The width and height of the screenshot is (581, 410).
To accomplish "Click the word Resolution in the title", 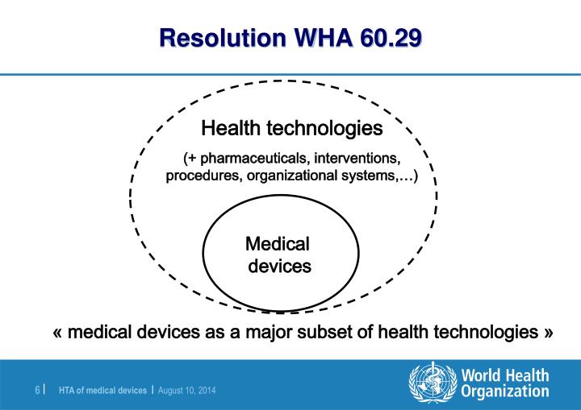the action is point(223,38).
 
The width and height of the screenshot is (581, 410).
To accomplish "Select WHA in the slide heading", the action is point(323,38).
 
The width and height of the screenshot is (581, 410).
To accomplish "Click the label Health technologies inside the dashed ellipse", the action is point(292,128).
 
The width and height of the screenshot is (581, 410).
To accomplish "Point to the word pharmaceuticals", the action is point(253,159).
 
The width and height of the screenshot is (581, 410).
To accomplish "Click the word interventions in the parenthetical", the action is point(357,158).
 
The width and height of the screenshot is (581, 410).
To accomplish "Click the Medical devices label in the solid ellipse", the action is point(278,255).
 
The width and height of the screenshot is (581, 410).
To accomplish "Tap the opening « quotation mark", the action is point(57,333).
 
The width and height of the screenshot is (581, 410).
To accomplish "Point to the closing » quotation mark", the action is point(549,333).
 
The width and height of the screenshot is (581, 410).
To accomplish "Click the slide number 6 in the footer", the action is point(37,390).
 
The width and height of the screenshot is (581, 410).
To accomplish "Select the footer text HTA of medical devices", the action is point(102,390).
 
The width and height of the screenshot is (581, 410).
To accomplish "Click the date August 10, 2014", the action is point(186,390).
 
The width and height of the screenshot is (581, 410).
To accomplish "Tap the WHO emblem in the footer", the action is point(433,382).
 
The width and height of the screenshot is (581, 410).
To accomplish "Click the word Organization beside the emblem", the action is point(505,391).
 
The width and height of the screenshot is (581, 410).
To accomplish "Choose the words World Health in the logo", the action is point(505,375).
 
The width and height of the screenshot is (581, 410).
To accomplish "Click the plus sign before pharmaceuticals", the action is point(191,159).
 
